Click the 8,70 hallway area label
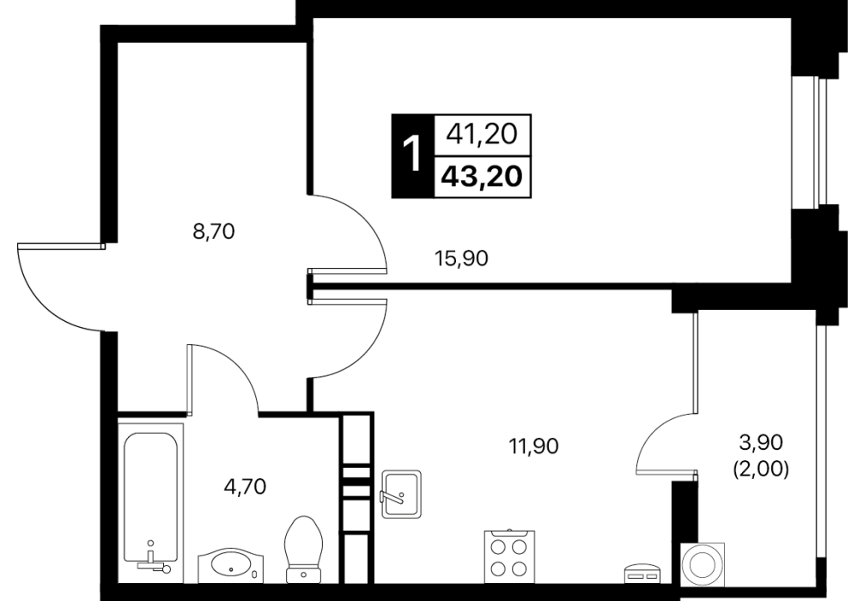click(x=214, y=231)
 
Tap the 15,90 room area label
click(x=461, y=258)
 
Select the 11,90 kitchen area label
click(x=532, y=446)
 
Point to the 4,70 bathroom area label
click(x=246, y=486)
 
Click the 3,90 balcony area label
click(x=760, y=441)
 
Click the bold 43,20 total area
click(x=482, y=177)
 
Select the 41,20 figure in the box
click(x=482, y=134)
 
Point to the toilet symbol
click(x=304, y=549)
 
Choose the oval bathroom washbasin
click(x=230, y=566)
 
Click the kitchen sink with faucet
click(x=401, y=494)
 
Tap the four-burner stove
click(x=509, y=556)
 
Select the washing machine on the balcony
click(x=703, y=567)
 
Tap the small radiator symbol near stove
click(x=642, y=574)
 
